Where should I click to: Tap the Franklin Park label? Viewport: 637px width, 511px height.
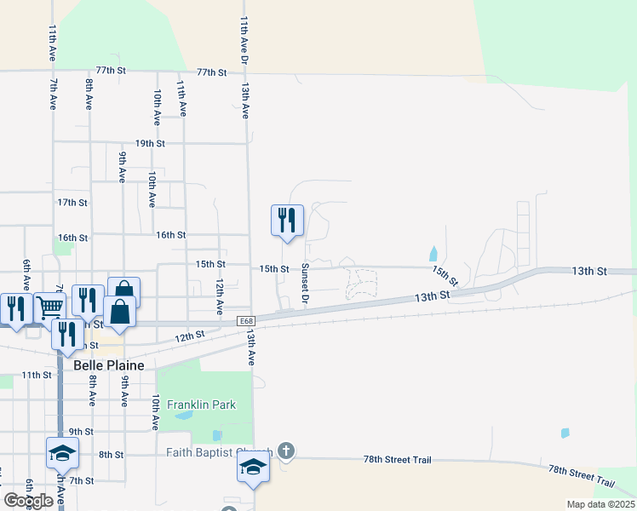pyautogui.click(x=201, y=405)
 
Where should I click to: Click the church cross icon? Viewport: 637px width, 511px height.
pyautogui.click(x=287, y=451)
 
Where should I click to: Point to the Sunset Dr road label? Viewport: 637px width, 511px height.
pyautogui.click(x=304, y=284)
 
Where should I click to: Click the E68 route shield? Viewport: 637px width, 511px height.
pyautogui.click(x=246, y=320)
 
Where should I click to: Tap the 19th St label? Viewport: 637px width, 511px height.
pyautogui.click(x=149, y=143)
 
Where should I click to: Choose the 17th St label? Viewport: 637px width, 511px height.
pyautogui.click(x=72, y=203)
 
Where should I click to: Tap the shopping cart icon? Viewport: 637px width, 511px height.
pyautogui.click(x=49, y=306)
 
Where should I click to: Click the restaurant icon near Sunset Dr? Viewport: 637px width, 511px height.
pyautogui.click(x=287, y=220)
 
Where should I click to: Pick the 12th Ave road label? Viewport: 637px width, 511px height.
pyautogui.click(x=219, y=293)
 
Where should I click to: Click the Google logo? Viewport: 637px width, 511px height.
pyautogui.click(x=28, y=501)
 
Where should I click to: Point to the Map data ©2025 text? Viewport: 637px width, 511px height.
pyautogui.click(x=600, y=504)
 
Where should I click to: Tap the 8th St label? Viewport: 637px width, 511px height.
pyautogui.click(x=111, y=455)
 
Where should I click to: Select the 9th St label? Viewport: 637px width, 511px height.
pyautogui.click(x=81, y=432)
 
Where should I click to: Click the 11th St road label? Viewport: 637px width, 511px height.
pyautogui.click(x=37, y=375)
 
